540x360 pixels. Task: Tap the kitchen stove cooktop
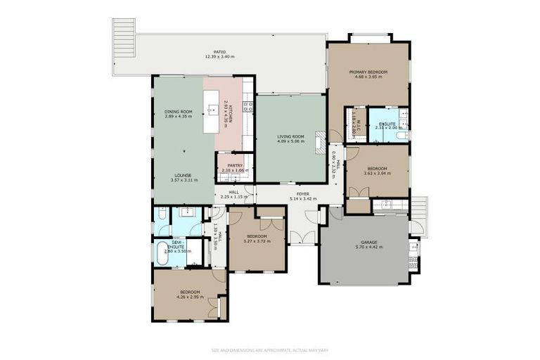click(247, 106)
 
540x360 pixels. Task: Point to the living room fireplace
click(320, 142)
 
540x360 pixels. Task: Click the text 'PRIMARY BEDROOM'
click(368, 72)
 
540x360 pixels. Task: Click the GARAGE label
click(364, 241)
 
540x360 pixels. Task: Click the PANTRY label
click(235, 165)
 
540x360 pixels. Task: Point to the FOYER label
click(302, 194)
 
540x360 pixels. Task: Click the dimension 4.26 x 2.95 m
click(190, 297)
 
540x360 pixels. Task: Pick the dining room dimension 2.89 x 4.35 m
click(178, 116)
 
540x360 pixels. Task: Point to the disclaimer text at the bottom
click(269, 349)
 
